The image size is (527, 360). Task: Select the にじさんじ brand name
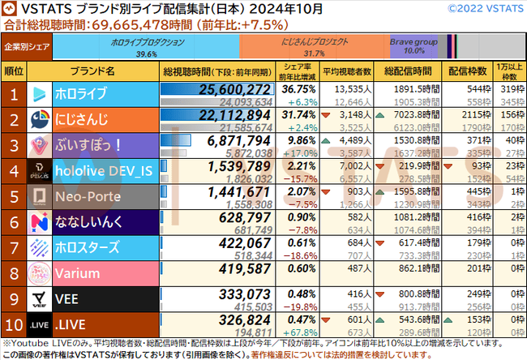pos(105,118)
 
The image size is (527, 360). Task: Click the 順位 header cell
pos(12,70)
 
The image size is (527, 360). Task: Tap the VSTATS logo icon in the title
pos(11,10)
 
